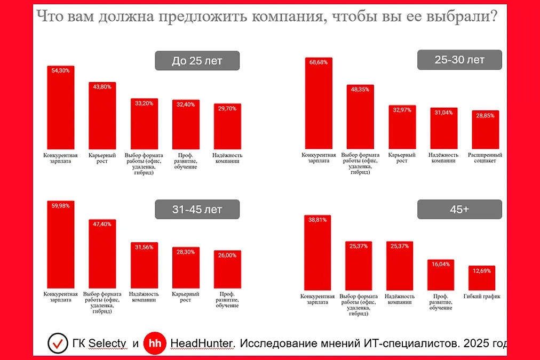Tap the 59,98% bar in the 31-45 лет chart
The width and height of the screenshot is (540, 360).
tap(60, 245)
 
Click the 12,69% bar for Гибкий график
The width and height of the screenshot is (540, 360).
tap(482, 278)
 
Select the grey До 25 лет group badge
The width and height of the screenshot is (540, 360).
tap(197, 61)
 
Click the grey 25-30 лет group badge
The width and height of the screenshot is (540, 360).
tap(459, 60)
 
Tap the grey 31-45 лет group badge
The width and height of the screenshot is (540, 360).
tap(197, 210)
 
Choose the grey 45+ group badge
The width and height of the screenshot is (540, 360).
tap(459, 209)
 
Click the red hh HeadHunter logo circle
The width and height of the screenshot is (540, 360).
tap(155, 343)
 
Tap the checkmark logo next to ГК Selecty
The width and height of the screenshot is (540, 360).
tap(58, 343)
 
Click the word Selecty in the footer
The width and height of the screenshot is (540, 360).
tap(107, 343)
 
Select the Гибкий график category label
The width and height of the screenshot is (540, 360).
tap(482, 297)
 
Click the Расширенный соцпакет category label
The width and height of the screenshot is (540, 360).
tap(485, 158)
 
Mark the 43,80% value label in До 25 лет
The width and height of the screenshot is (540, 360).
tap(101, 87)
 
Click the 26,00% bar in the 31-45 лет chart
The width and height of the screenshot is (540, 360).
tap(227, 269)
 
